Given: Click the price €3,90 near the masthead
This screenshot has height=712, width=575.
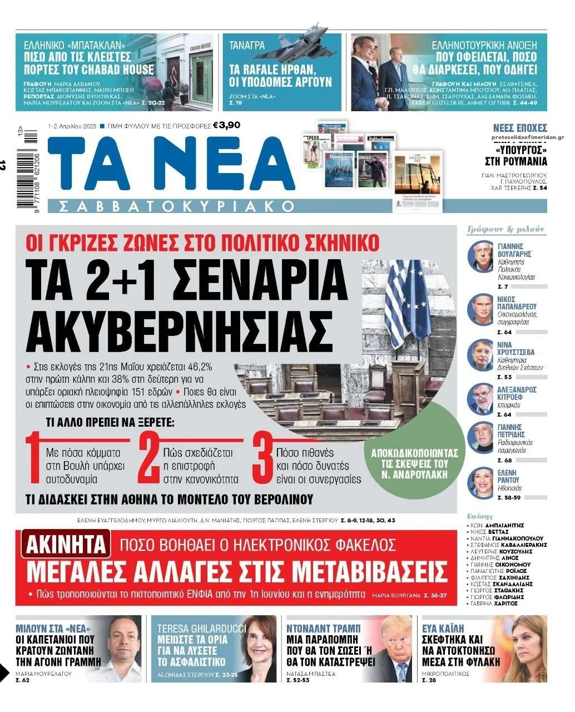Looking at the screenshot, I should pyautogui.click(x=226, y=125).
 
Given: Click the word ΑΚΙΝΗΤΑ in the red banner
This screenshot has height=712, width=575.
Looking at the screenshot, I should pyautogui.click(x=66, y=545).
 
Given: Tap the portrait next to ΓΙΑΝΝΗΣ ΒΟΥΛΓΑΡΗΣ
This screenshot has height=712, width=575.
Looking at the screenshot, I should pyautogui.click(x=480, y=256).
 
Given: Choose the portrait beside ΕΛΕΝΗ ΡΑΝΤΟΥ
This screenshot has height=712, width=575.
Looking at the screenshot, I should pyautogui.click(x=480, y=483).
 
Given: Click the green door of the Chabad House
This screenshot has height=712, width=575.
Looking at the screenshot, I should pyautogui.click(x=201, y=70).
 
